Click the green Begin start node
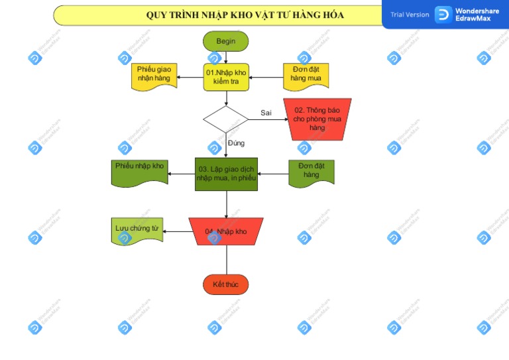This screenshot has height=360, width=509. pyautogui.click(x=225, y=41)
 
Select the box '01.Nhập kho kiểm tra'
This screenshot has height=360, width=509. pyautogui.click(x=226, y=77)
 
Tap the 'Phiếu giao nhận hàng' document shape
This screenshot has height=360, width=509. pyautogui.click(x=153, y=76)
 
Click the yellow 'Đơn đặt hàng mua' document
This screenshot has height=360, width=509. pyautogui.click(x=306, y=76)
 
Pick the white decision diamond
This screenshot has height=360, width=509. pyautogui.click(x=225, y=119)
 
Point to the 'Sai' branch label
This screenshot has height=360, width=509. pyautogui.click(x=266, y=113)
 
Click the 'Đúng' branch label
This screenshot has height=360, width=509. pyautogui.click(x=236, y=143)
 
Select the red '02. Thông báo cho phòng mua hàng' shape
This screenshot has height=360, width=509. pyautogui.click(x=317, y=119)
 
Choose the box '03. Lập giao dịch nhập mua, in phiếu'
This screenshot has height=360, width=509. pyautogui.click(x=226, y=174)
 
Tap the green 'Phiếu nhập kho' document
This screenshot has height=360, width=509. pyautogui.click(x=139, y=172)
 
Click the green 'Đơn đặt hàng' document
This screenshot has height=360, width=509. pyautogui.click(x=311, y=172)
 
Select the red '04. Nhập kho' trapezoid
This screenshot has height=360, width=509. pyautogui.click(x=226, y=231)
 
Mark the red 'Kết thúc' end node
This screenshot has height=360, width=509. pyautogui.click(x=225, y=284)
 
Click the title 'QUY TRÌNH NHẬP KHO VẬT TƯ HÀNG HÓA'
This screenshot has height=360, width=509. pyautogui.click(x=245, y=15)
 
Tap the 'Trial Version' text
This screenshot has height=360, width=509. pyautogui.click(x=410, y=15)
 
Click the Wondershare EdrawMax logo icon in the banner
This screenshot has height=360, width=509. pyautogui.click(x=443, y=15)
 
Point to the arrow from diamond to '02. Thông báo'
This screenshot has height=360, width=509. pyautogui.click(x=268, y=119)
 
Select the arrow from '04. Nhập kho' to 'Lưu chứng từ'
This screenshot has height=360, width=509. pyautogui.click(x=178, y=231)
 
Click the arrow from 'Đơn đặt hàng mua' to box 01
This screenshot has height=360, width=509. pyautogui.click(x=265, y=78)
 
